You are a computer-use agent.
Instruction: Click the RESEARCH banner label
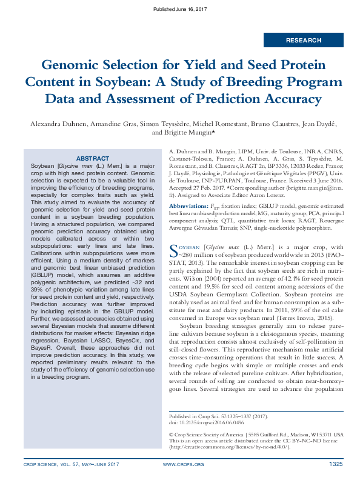(x=303, y=41)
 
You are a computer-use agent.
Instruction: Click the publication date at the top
(x=180, y=10)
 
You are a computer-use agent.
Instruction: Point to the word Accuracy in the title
(x=290, y=98)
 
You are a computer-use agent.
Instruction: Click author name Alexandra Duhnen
(x=58, y=124)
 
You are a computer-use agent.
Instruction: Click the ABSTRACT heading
(x=92, y=158)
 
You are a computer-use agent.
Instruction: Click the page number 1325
(x=336, y=464)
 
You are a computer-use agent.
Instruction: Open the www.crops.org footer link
(x=184, y=464)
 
